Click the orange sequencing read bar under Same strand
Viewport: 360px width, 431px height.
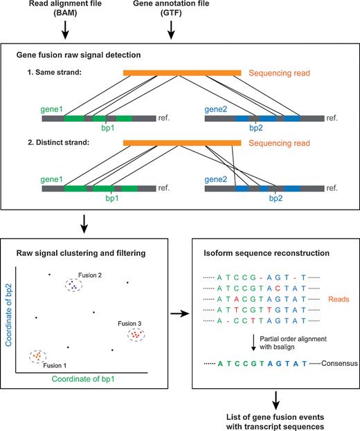[181, 71]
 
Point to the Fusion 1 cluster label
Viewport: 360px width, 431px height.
[55, 365]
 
